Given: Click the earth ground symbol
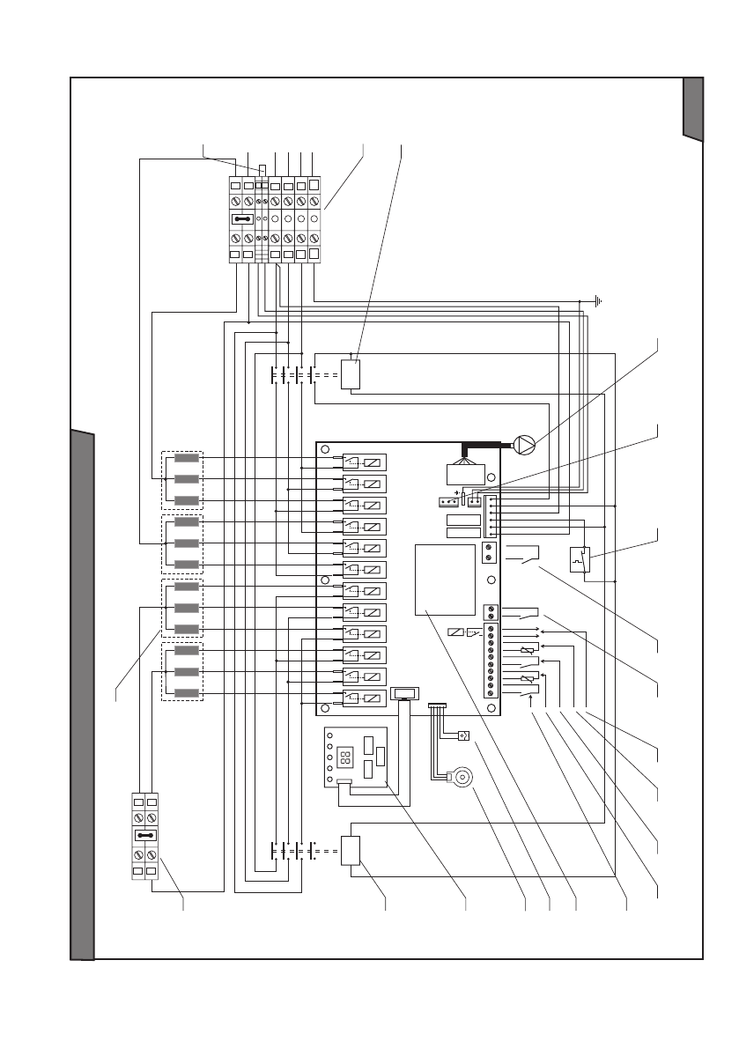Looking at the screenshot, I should [598, 302].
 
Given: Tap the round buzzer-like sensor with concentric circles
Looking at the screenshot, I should [461, 778].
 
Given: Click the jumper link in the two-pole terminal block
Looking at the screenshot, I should [146, 835].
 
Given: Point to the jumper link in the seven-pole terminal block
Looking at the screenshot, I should [243, 218].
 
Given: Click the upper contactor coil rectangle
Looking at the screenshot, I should [351, 374].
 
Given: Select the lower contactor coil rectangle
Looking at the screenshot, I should [351, 852].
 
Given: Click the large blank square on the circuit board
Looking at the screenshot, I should [445, 580].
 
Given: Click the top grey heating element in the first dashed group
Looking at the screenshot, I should [187, 458].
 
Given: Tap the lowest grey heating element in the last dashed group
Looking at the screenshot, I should [187, 693].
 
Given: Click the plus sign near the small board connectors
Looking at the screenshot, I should [457, 492].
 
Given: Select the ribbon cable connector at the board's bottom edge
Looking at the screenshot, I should [406, 694].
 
